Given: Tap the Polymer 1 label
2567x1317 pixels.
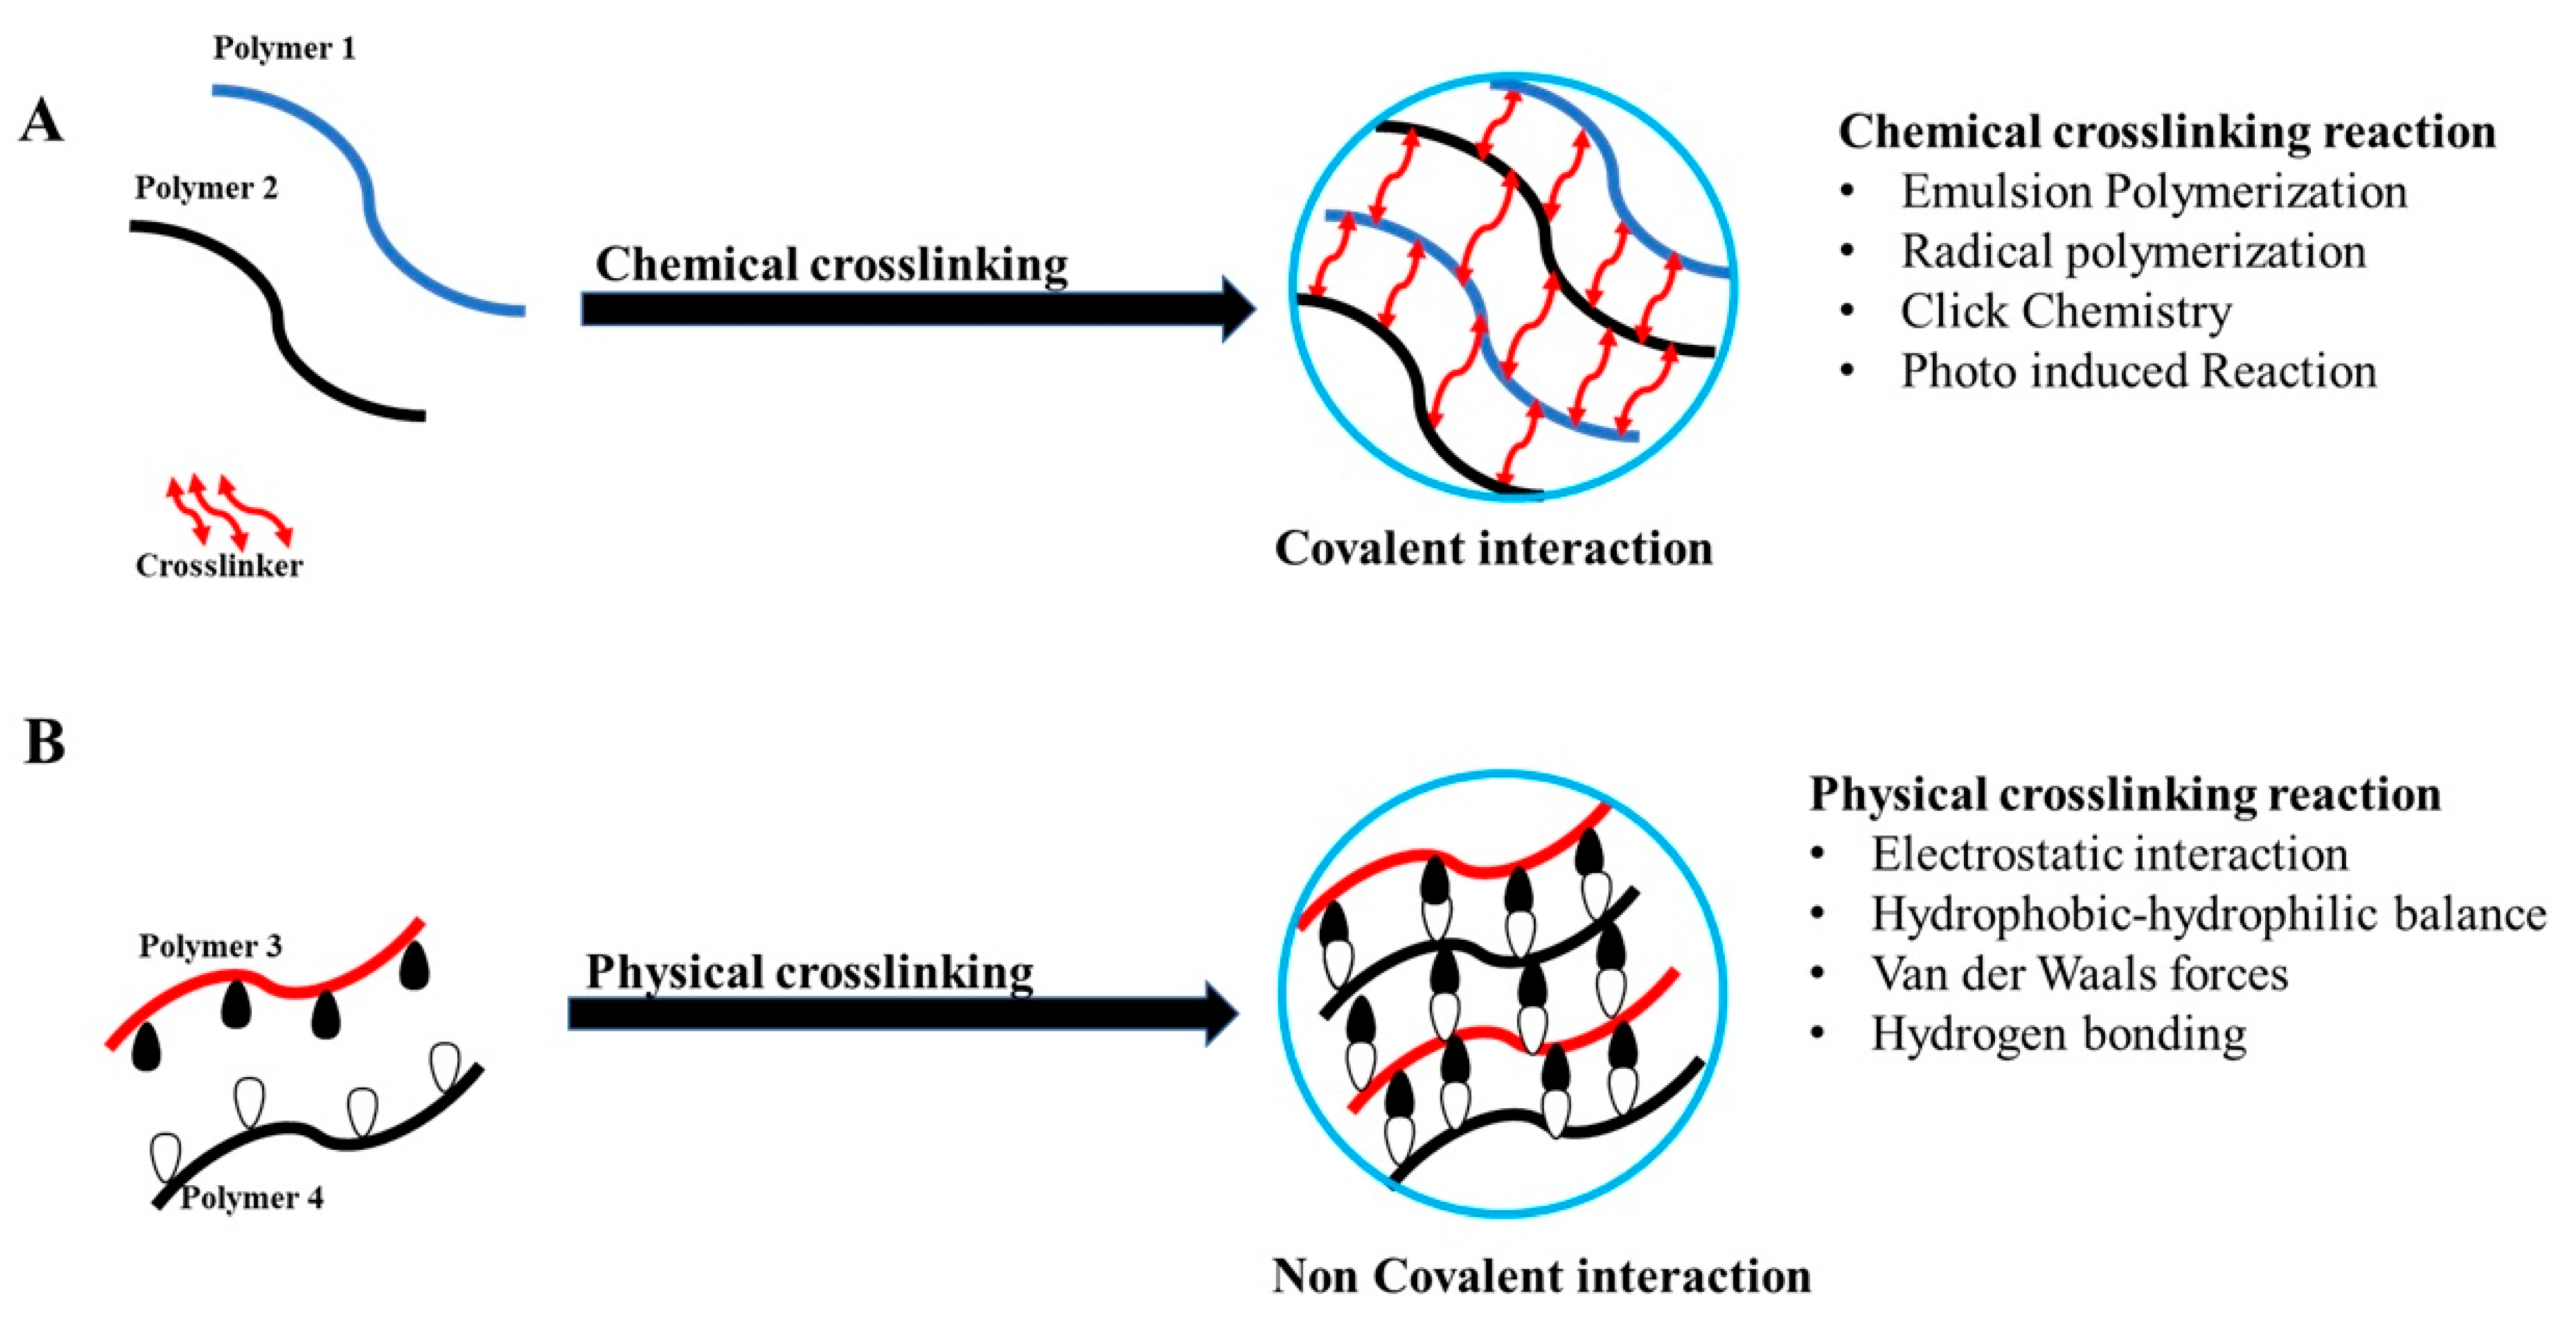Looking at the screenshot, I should click(284, 48).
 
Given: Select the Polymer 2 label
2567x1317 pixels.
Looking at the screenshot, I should click(206, 187).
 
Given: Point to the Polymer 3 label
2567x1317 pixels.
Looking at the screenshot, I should click(210, 945).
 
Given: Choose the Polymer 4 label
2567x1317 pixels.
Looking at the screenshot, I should click(251, 1197).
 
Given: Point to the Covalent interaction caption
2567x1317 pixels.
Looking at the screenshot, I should click(1494, 548).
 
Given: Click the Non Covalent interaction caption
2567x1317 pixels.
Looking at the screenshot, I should click(1541, 1276).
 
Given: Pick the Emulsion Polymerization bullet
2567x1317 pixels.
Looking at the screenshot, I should click(2152, 192).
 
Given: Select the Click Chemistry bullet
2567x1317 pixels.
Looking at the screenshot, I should click(2065, 311).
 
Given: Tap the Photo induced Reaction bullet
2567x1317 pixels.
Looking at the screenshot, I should click(2138, 371).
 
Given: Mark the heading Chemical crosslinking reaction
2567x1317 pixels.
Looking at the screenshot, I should click(2166, 132).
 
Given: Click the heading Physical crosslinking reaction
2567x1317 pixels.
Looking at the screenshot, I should click(2125, 795).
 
